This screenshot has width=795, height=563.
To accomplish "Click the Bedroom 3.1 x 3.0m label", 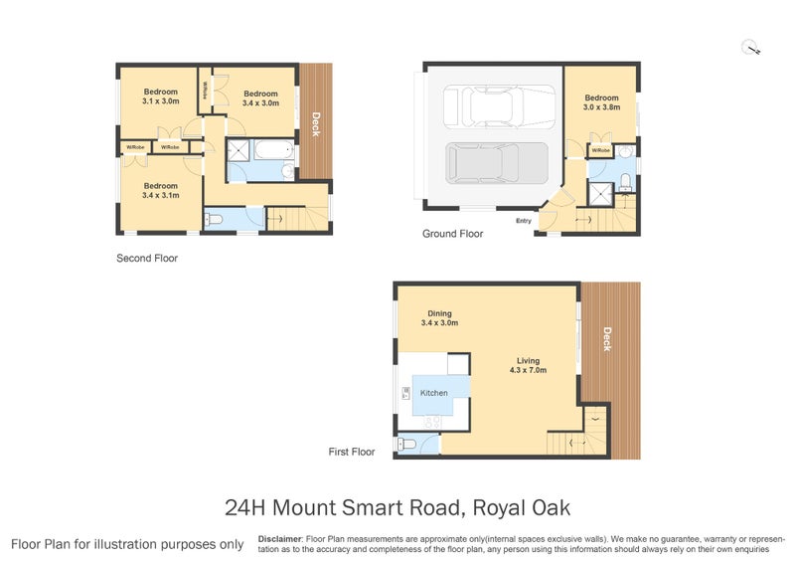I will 160,96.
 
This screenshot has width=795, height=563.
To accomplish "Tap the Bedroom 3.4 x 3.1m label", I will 161,190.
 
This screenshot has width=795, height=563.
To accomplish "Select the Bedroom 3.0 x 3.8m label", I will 601,102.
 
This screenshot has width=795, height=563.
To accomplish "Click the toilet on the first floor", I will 406,447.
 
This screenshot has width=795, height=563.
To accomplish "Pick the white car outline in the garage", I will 499,104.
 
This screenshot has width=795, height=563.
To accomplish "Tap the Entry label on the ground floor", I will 524,221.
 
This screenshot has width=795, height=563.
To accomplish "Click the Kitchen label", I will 434,393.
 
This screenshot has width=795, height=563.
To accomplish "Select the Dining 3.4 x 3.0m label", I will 439,317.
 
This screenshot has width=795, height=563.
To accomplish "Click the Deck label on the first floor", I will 606,340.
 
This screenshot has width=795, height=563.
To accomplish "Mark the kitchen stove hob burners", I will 433,423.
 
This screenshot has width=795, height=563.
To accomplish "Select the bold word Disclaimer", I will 279,538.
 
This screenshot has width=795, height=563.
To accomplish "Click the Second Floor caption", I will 147,258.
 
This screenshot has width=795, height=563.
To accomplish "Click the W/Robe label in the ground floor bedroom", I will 599,150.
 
